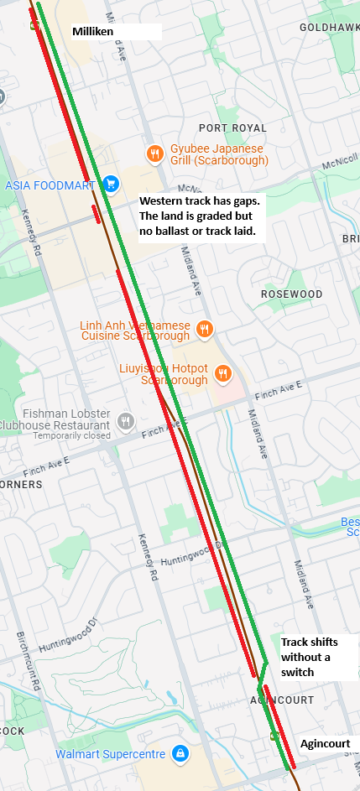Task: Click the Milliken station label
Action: click(x=92, y=31)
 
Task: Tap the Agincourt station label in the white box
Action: click(x=325, y=744)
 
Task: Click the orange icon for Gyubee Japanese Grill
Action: click(x=154, y=154)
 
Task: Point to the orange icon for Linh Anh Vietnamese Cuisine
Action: click(x=203, y=328)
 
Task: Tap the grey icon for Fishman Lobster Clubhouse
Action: click(x=126, y=420)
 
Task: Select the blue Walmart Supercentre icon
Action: click(x=179, y=754)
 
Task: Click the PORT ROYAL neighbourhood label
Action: click(x=232, y=127)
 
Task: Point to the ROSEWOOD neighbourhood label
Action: click(x=291, y=294)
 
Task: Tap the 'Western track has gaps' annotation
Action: click(x=201, y=216)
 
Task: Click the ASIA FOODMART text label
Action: click(x=50, y=185)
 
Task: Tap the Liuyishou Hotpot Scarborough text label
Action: click(x=174, y=374)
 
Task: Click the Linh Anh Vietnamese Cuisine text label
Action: click(x=135, y=330)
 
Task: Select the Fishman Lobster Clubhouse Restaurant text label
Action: click(x=55, y=419)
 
